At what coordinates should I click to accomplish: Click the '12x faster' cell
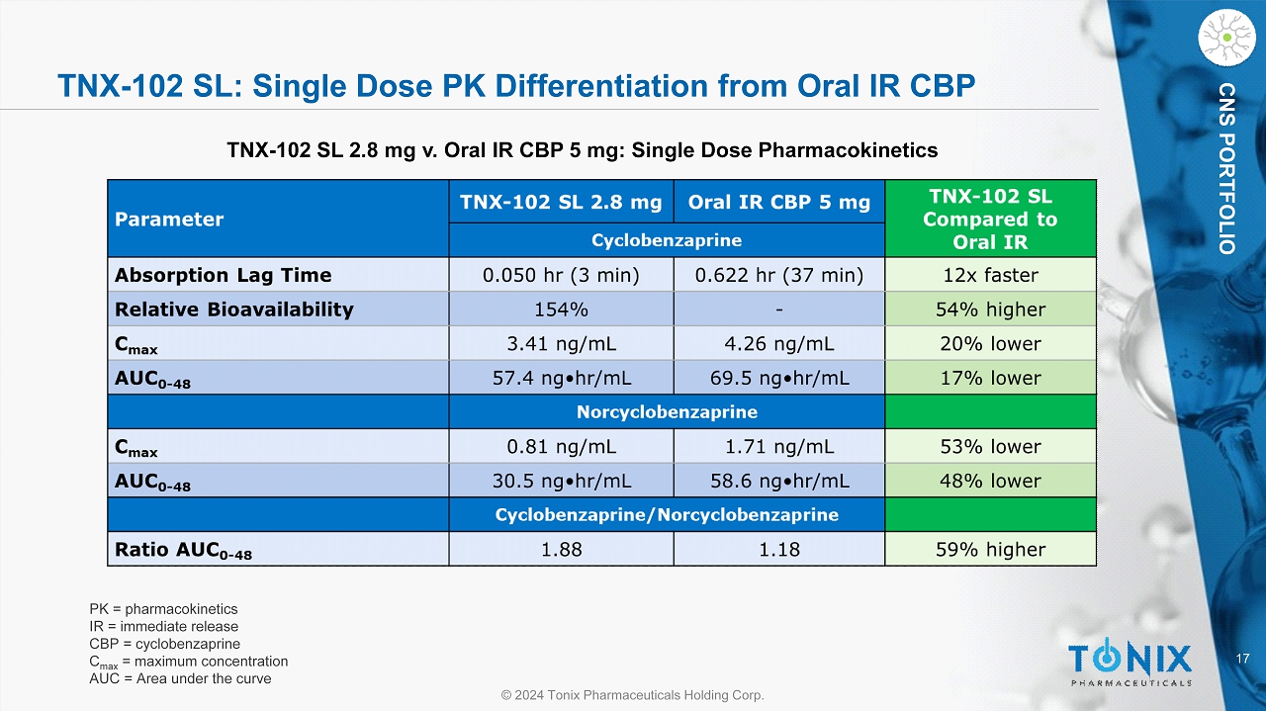pyautogui.click(x=990, y=275)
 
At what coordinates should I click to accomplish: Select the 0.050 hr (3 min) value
pyautogui.click(x=561, y=275)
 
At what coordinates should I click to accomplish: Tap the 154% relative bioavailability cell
pyautogui.click(x=561, y=310)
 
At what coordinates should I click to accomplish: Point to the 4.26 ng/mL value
pyautogui.click(x=778, y=344)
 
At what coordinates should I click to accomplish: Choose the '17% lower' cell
pyautogui.click(x=990, y=378)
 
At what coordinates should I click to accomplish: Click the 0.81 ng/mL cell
pyautogui.click(x=561, y=446)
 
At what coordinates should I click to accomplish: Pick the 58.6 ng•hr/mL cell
pyautogui.click(x=778, y=481)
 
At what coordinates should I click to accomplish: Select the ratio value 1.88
pyautogui.click(x=561, y=549)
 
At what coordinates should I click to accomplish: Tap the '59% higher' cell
pyautogui.click(x=990, y=549)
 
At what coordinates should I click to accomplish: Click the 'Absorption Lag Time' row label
pyautogui.click(x=223, y=275)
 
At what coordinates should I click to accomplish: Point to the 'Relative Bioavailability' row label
pyautogui.click(x=233, y=310)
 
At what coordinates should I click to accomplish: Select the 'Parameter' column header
pyautogui.click(x=169, y=220)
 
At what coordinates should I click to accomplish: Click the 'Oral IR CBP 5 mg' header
pyautogui.click(x=778, y=203)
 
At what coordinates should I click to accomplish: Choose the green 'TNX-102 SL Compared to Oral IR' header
pyautogui.click(x=990, y=220)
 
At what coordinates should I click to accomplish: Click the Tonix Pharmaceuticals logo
pyautogui.click(x=1129, y=662)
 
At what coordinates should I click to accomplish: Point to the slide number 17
pyautogui.click(x=1243, y=659)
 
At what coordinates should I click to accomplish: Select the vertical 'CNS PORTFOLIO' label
pyautogui.click(x=1226, y=168)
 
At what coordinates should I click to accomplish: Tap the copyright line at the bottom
pyautogui.click(x=632, y=695)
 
